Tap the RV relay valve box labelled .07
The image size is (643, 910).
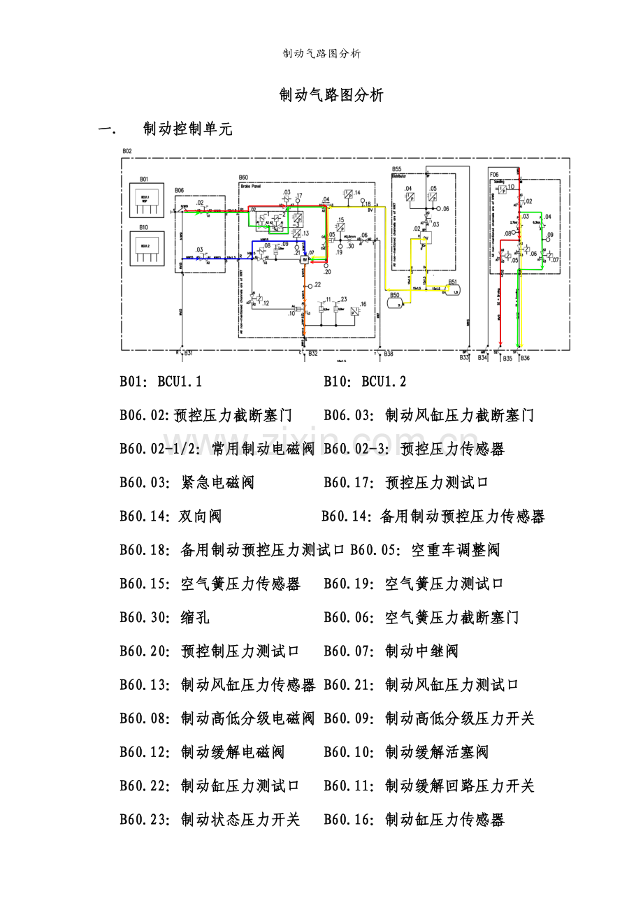click(x=305, y=259)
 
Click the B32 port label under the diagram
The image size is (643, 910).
click(x=312, y=354)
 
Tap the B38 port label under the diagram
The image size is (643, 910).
click(x=388, y=354)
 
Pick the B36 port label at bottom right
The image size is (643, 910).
click(x=525, y=359)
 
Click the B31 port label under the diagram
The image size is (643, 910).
click(x=187, y=354)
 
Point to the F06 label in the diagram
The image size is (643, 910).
click(x=494, y=174)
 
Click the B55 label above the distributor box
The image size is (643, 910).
click(x=396, y=169)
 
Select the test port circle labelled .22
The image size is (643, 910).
click(x=310, y=285)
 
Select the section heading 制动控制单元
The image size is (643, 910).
click(x=187, y=129)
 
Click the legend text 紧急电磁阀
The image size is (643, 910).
click(x=217, y=482)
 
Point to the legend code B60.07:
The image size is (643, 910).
click(x=349, y=651)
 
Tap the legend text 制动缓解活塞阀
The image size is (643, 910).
click(x=436, y=752)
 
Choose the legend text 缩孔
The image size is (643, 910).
click(x=195, y=617)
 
